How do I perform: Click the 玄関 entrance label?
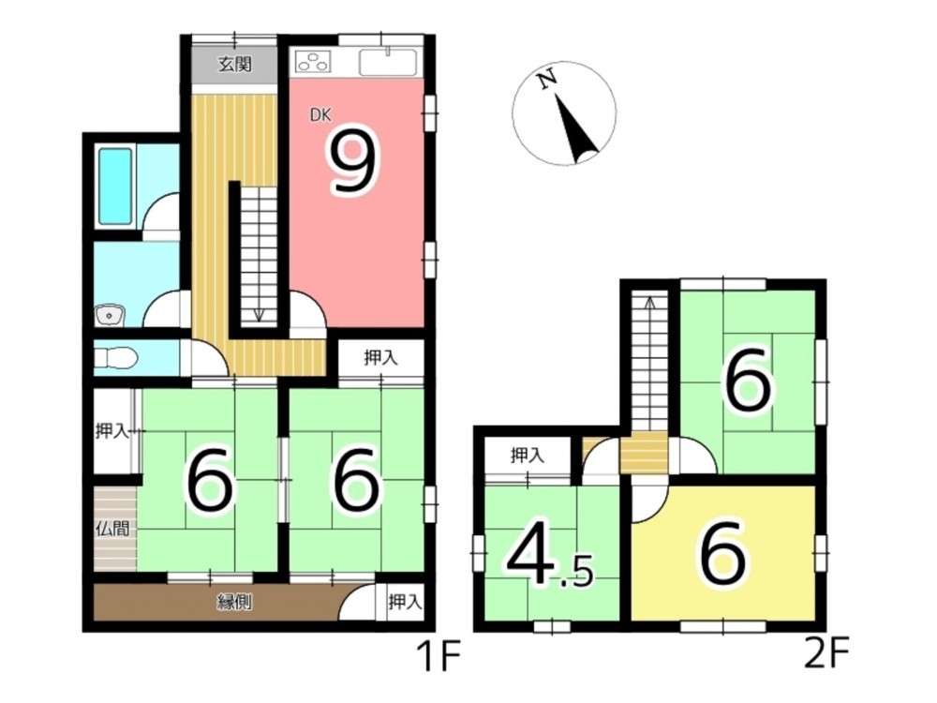point(234,64)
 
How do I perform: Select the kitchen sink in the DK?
point(388,62)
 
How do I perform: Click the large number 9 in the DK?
point(355,161)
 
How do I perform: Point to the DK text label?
point(320,114)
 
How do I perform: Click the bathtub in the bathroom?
point(115,186)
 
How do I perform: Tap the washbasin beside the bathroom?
point(109,315)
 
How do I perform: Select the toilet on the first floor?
point(116,358)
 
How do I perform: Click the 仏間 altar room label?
point(113,529)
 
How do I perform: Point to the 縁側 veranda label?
point(234,603)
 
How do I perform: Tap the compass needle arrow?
point(575,127)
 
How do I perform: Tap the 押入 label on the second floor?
point(528,456)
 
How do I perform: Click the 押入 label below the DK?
point(380,358)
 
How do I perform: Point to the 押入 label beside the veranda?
point(406,602)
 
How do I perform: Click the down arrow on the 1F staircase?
point(259,315)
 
